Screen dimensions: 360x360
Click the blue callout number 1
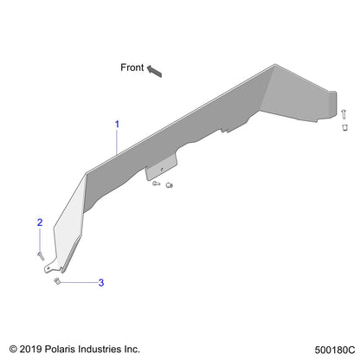[117, 125]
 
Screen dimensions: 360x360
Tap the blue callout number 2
[40, 222]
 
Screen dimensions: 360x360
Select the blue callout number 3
[101, 282]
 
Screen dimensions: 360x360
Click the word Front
[132, 67]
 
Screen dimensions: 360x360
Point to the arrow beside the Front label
[154, 71]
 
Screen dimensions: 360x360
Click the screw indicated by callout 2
[41, 255]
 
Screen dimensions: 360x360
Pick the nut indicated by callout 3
[57, 281]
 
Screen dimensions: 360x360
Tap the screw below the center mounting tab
[156, 183]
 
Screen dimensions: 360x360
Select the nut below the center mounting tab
[170, 185]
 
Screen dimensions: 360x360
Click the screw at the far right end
[344, 113]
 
